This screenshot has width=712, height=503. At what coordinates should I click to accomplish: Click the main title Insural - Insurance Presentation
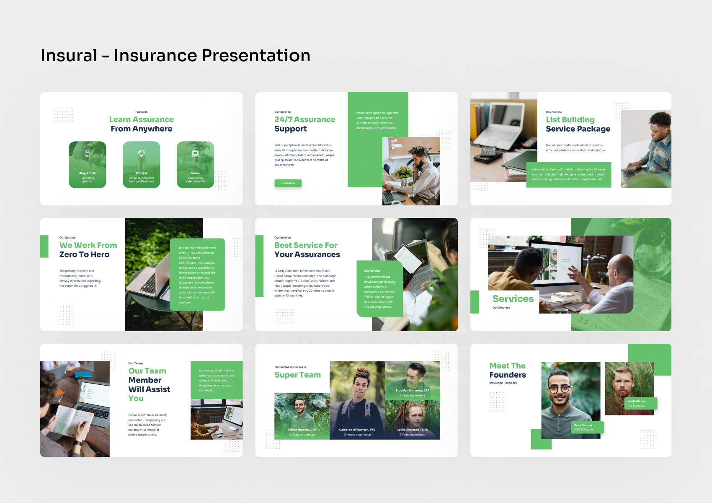[x=175, y=55]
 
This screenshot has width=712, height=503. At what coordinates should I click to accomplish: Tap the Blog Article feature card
[x=88, y=165]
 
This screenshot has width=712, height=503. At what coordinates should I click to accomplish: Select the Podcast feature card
[x=142, y=165]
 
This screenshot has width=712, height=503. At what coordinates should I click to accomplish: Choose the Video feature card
[x=195, y=165]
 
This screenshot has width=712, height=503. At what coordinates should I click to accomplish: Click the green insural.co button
[x=288, y=183]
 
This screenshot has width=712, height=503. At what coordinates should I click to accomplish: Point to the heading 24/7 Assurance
[x=304, y=119]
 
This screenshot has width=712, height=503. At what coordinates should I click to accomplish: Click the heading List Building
[x=570, y=119]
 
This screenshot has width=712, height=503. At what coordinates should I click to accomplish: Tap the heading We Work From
[x=88, y=245]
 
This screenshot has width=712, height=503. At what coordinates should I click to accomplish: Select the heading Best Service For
[x=306, y=245]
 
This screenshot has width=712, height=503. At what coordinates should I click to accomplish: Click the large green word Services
[x=513, y=299]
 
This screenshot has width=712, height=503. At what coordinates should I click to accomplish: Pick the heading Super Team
[x=297, y=375]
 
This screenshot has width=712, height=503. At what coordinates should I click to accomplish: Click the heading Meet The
[x=507, y=366]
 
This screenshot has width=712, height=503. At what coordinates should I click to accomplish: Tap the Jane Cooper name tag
[x=587, y=427]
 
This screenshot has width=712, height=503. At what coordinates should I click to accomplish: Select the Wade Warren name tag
[x=640, y=403]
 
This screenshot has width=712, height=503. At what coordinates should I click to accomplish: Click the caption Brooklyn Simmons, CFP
[x=412, y=390]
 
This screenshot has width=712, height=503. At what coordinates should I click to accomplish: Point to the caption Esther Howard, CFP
[x=302, y=430]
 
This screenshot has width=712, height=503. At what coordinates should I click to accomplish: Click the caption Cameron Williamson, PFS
[x=357, y=430]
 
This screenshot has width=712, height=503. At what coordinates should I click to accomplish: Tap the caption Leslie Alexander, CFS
[x=413, y=430]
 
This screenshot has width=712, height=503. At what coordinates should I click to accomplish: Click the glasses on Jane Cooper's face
[x=560, y=389]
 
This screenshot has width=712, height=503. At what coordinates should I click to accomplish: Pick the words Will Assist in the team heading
[x=149, y=389]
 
